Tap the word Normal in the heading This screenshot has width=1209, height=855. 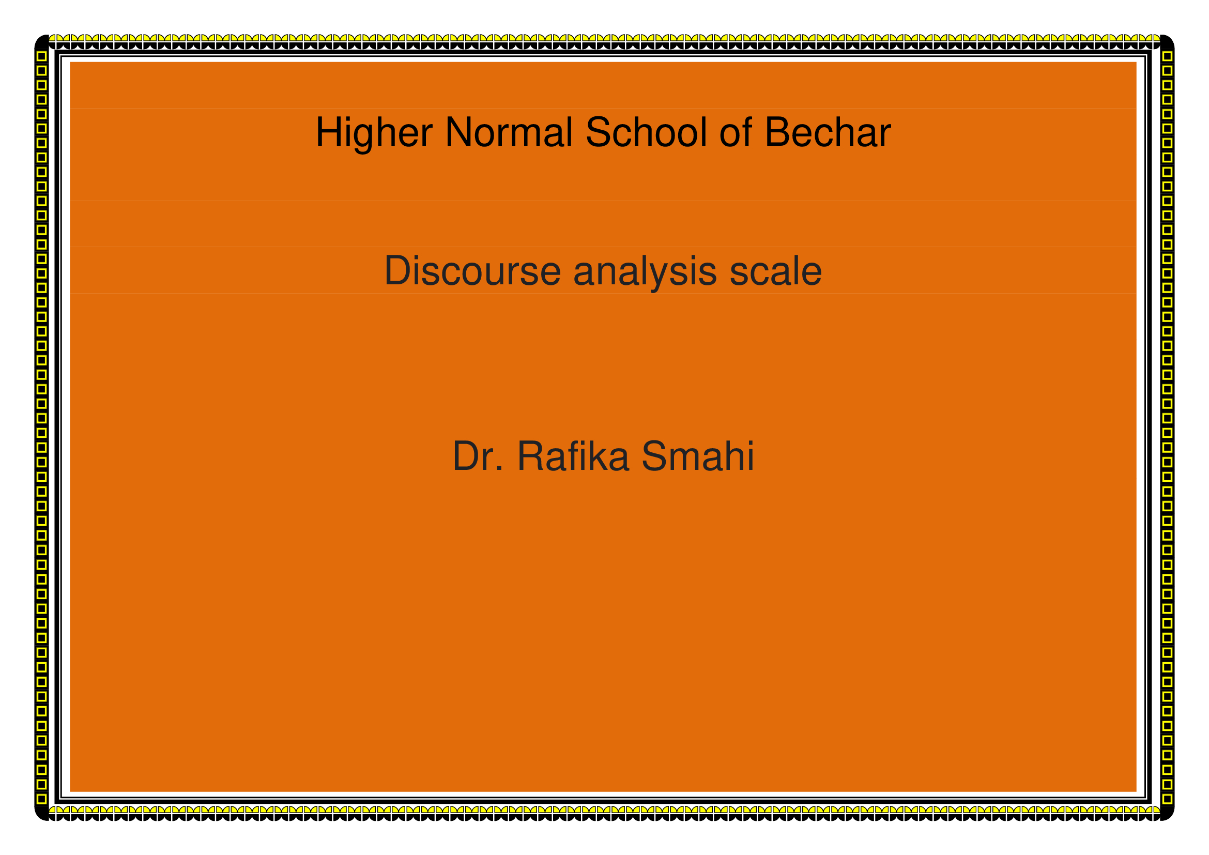[509, 132]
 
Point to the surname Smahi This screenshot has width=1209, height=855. [698, 455]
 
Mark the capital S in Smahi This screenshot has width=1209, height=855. [655, 455]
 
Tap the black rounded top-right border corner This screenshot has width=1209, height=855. [1167, 41]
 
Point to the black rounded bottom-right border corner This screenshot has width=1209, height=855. [1167, 813]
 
